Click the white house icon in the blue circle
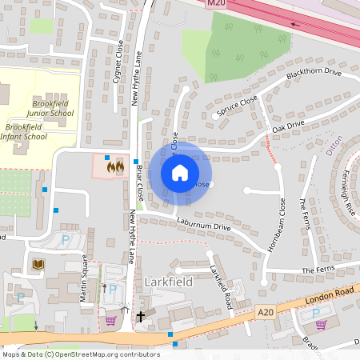(180, 172)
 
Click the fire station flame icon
(116, 166)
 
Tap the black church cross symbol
(141, 317)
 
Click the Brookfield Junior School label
(53, 109)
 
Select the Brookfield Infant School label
(26, 131)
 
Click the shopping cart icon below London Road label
(321, 324)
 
